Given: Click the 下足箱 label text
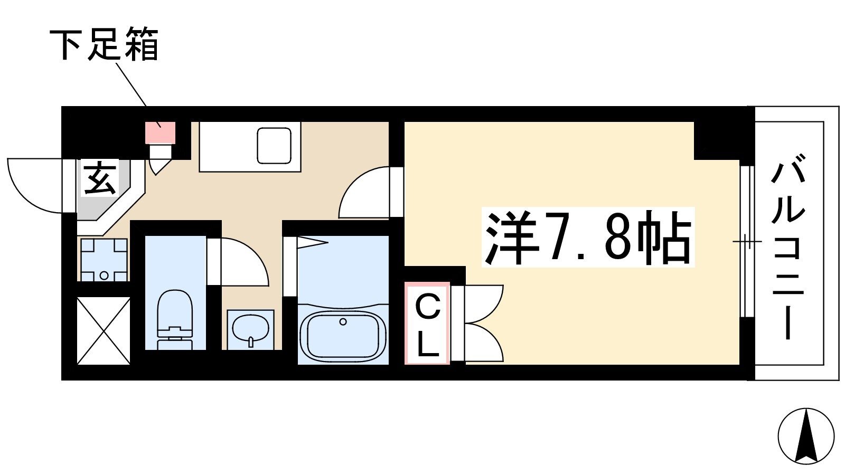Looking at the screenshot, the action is [104, 44].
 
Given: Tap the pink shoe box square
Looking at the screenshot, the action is [161, 132].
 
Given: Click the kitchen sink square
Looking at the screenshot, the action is [274, 146].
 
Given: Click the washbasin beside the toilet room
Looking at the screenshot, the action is [250, 329].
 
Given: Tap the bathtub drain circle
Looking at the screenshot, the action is [343, 322].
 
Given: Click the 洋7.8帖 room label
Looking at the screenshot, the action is [588, 237].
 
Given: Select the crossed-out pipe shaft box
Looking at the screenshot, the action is [104, 330].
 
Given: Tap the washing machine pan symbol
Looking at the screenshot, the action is [104, 260].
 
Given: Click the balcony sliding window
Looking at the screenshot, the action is [747, 241].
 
